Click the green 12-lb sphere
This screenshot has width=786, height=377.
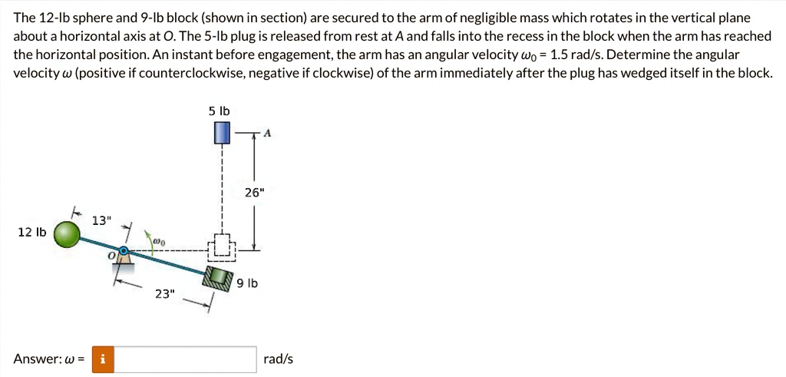(66, 233)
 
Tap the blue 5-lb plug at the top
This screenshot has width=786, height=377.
(223, 132)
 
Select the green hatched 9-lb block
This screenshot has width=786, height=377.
(219, 278)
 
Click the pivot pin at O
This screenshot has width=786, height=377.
(124, 250)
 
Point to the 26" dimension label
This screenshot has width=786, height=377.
(253, 193)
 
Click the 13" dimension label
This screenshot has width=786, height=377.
(102, 220)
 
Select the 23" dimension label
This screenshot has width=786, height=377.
(163, 294)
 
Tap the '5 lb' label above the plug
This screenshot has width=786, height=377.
(220, 111)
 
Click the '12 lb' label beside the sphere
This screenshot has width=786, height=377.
(31, 232)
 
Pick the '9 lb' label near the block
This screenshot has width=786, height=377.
(246, 284)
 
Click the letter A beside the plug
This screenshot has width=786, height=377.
(267, 133)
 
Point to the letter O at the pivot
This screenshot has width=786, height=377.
(113, 256)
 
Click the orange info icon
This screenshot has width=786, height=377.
(103, 359)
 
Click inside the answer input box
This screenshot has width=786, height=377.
(185, 359)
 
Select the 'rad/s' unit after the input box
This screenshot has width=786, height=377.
(278, 359)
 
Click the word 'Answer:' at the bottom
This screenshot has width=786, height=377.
(38, 359)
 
